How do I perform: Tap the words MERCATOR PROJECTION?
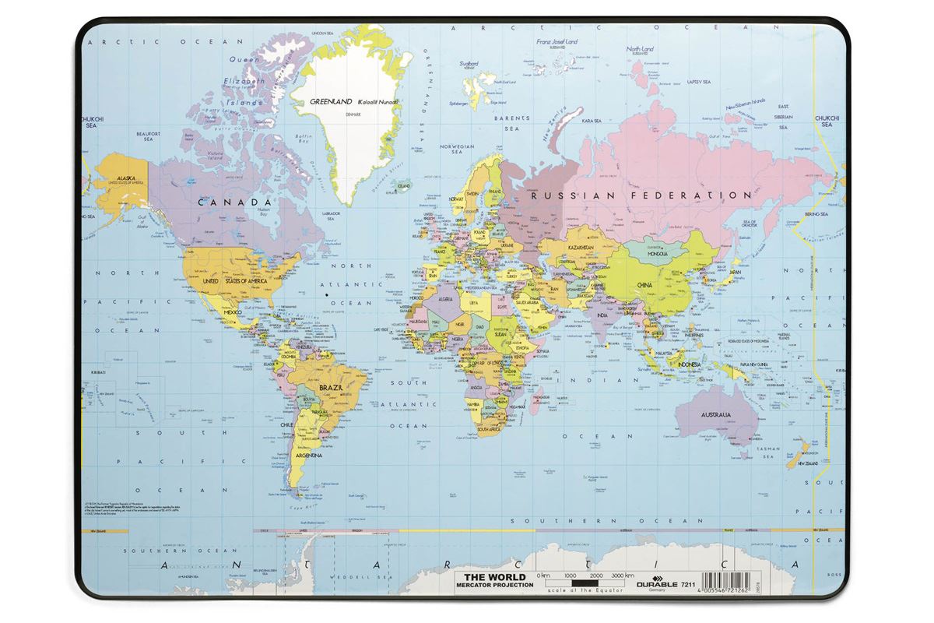(x=494, y=585)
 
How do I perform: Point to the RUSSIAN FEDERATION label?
(x=641, y=195)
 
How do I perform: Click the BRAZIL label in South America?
(x=332, y=385)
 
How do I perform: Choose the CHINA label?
(x=645, y=285)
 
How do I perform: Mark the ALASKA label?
(x=126, y=178)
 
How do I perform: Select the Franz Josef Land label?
(x=551, y=41)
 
